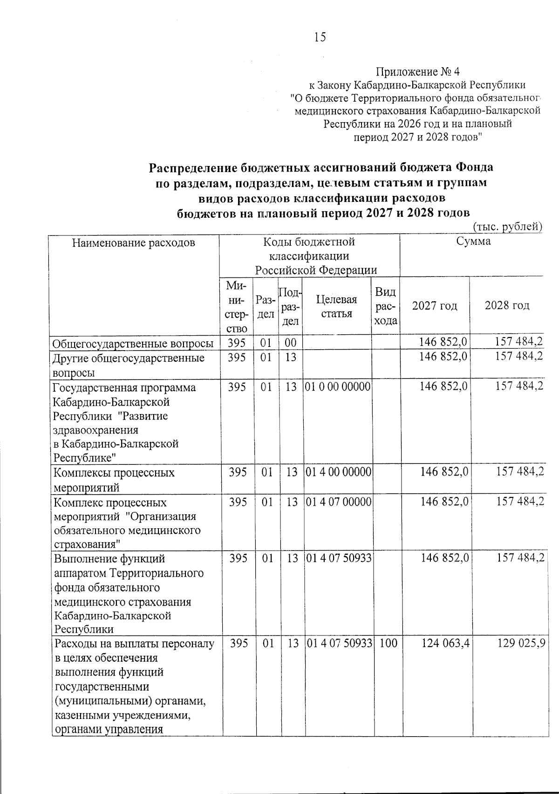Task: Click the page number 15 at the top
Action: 320,37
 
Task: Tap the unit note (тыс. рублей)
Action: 508,227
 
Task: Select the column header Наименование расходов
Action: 133,242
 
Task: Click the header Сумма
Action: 473,242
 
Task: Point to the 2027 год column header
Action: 435,306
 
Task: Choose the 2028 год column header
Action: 507,306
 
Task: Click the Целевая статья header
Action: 336,306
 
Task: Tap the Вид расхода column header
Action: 385,306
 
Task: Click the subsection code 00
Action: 291,343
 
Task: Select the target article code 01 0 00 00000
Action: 337,387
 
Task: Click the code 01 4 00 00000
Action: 337,472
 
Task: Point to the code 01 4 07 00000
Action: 337,502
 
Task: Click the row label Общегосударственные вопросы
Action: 133,344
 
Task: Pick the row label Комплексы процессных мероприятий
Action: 114,480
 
